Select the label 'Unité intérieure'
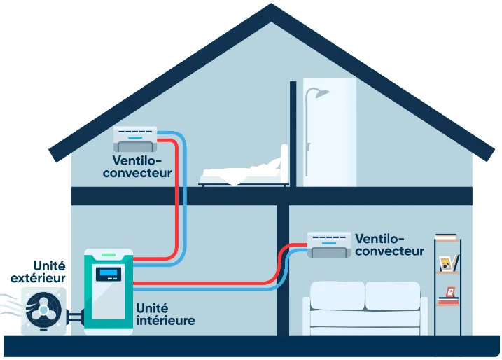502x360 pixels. (165, 314)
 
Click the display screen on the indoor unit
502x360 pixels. (109, 274)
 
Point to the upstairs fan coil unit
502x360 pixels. (137, 138)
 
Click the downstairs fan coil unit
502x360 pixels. (329, 244)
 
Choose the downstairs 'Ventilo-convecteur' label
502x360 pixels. (389, 244)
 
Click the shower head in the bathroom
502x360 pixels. (320, 94)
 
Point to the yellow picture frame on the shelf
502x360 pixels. (445, 263)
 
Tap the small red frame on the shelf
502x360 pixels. (450, 291)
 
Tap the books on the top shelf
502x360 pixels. (445, 237)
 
